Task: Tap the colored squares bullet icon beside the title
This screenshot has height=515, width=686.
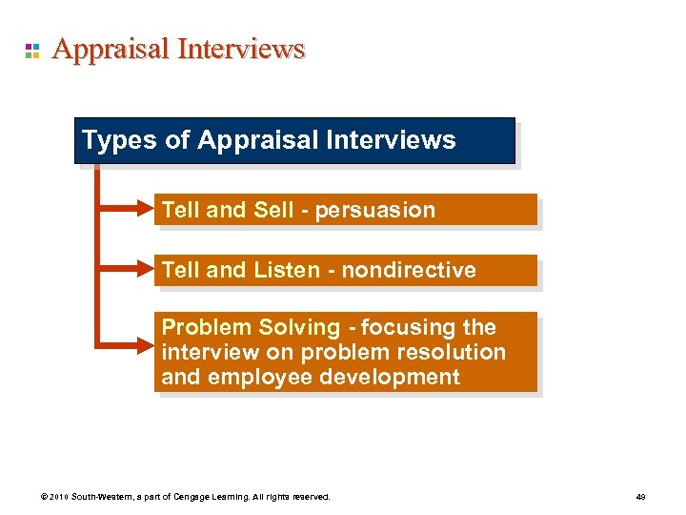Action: pyautogui.click(x=32, y=51)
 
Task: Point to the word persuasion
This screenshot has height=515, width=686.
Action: pyautogui.click(x=378, y=210)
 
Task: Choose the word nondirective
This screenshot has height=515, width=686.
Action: pyautogui.click(x=409, y=270)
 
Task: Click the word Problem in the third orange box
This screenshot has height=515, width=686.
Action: pyautogui.click(x=201, y=327)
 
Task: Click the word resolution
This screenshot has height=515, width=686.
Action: pyautogui.click(x=452, y=352)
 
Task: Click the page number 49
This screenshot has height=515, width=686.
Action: pyautogui.click(x=640, y=497)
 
